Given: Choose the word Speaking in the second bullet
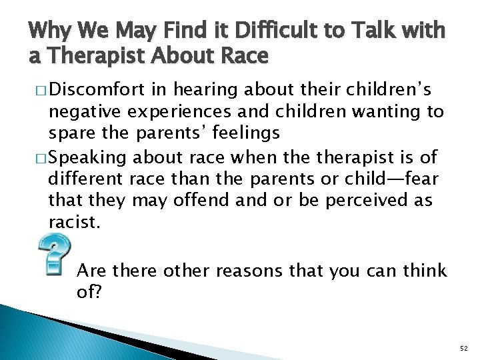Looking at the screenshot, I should (x=89, y=157).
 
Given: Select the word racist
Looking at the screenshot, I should (x=73, y=221).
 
